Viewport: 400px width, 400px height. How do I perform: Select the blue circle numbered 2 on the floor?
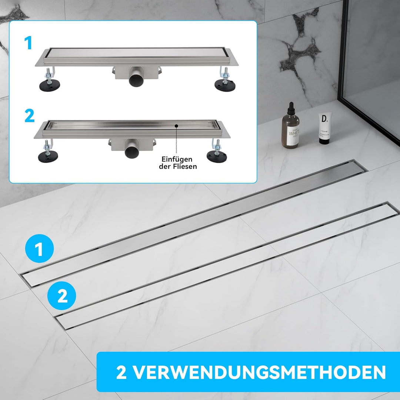coord(62,296)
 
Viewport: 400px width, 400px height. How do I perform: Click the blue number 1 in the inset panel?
coord(29,43)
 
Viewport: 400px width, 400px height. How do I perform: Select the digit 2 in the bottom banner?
coord(122,372)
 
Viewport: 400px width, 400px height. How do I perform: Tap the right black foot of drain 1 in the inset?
coord(224,83)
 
